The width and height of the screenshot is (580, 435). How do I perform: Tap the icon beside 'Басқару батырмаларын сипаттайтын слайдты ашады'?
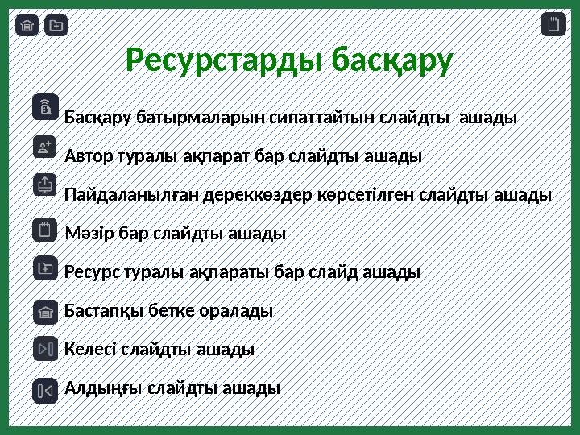coord(46,107)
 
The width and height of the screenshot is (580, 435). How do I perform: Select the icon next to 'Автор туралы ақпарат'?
coord(46,147)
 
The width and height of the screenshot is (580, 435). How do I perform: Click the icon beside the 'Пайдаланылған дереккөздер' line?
coord(46,185)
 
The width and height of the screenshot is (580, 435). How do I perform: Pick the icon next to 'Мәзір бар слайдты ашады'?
coord(46,229)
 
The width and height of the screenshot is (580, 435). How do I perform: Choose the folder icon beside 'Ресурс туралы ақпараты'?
coord(46,268)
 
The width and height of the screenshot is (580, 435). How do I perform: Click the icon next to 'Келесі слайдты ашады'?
coord(46,349)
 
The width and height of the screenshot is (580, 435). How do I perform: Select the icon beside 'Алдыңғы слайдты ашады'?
coord(46,390)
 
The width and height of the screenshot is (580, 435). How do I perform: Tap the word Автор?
coord(85,155)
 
